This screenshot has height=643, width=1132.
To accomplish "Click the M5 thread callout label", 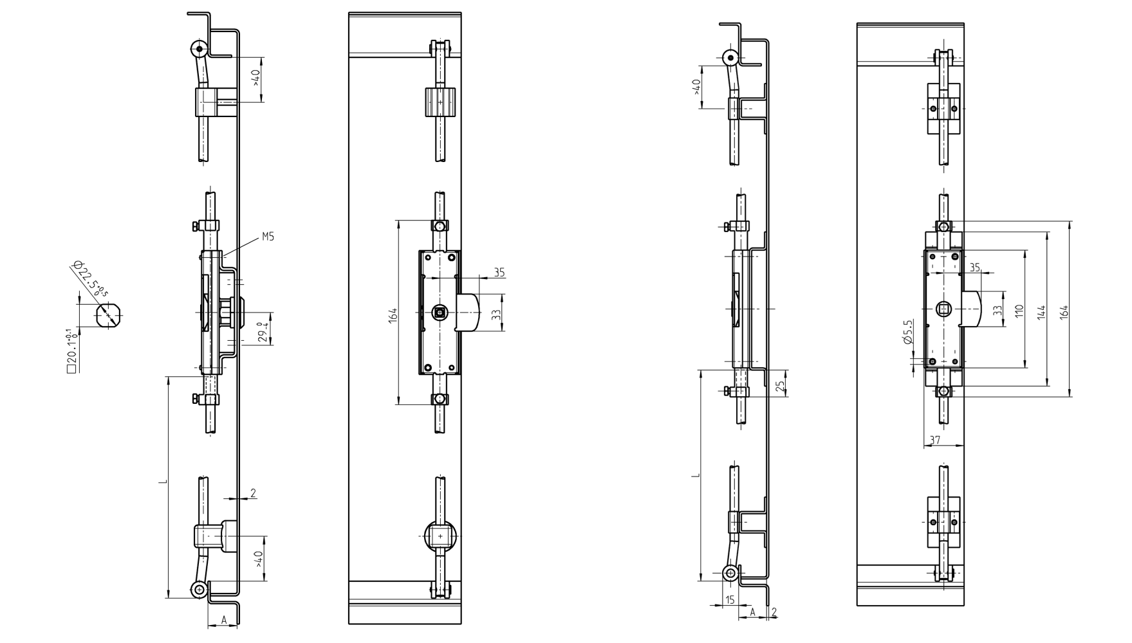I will (268, 237).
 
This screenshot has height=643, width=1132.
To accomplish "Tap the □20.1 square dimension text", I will (71, 351).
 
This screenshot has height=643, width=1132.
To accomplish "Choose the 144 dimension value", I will (1041, 311).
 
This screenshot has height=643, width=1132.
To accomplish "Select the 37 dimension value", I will (935, 440).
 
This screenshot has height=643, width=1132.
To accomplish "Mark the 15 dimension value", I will (730, 600).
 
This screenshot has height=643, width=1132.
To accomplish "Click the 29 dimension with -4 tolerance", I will (261, 332).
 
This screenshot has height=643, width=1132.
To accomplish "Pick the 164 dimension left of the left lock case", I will (393, 315).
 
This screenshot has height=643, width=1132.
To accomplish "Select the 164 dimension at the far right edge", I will (1064, 311).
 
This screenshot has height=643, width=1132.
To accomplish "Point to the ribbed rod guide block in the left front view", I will (440, 102).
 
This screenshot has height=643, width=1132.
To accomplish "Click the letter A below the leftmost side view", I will (223, 620).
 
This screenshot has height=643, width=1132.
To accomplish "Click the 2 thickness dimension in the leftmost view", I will (253, 493).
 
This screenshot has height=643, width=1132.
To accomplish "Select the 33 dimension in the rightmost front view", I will (997, 310).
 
